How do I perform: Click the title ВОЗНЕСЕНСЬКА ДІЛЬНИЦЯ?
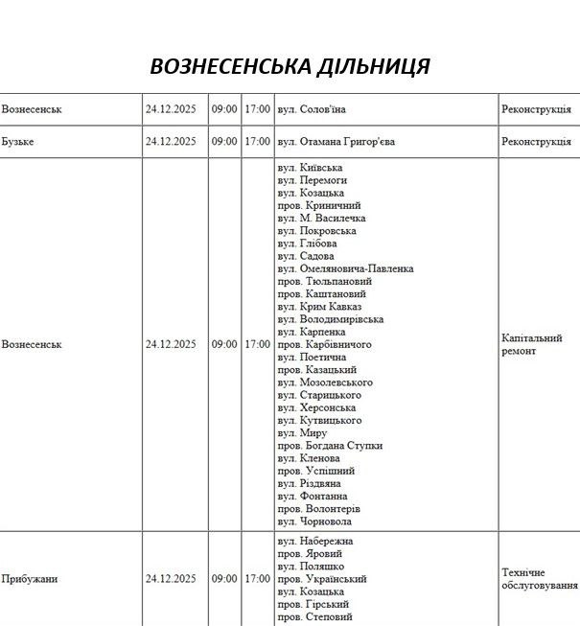(x=290, y=66)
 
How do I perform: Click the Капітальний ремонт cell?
(x=531, y=344)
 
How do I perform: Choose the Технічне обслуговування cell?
(x=540, y=579)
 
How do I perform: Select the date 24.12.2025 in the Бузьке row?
(x=171, y=142)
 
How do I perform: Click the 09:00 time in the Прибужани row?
(x=224, y=579)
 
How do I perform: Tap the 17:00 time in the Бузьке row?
(x=257, y=142)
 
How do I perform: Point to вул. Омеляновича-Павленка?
(x=345, y=269)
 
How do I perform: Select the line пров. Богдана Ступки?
(x=330, y=446)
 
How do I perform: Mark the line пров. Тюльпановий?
(x=324, y=282)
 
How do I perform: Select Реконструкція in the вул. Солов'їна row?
(x=535, y=109)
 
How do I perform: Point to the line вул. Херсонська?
(x=317, y=407)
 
